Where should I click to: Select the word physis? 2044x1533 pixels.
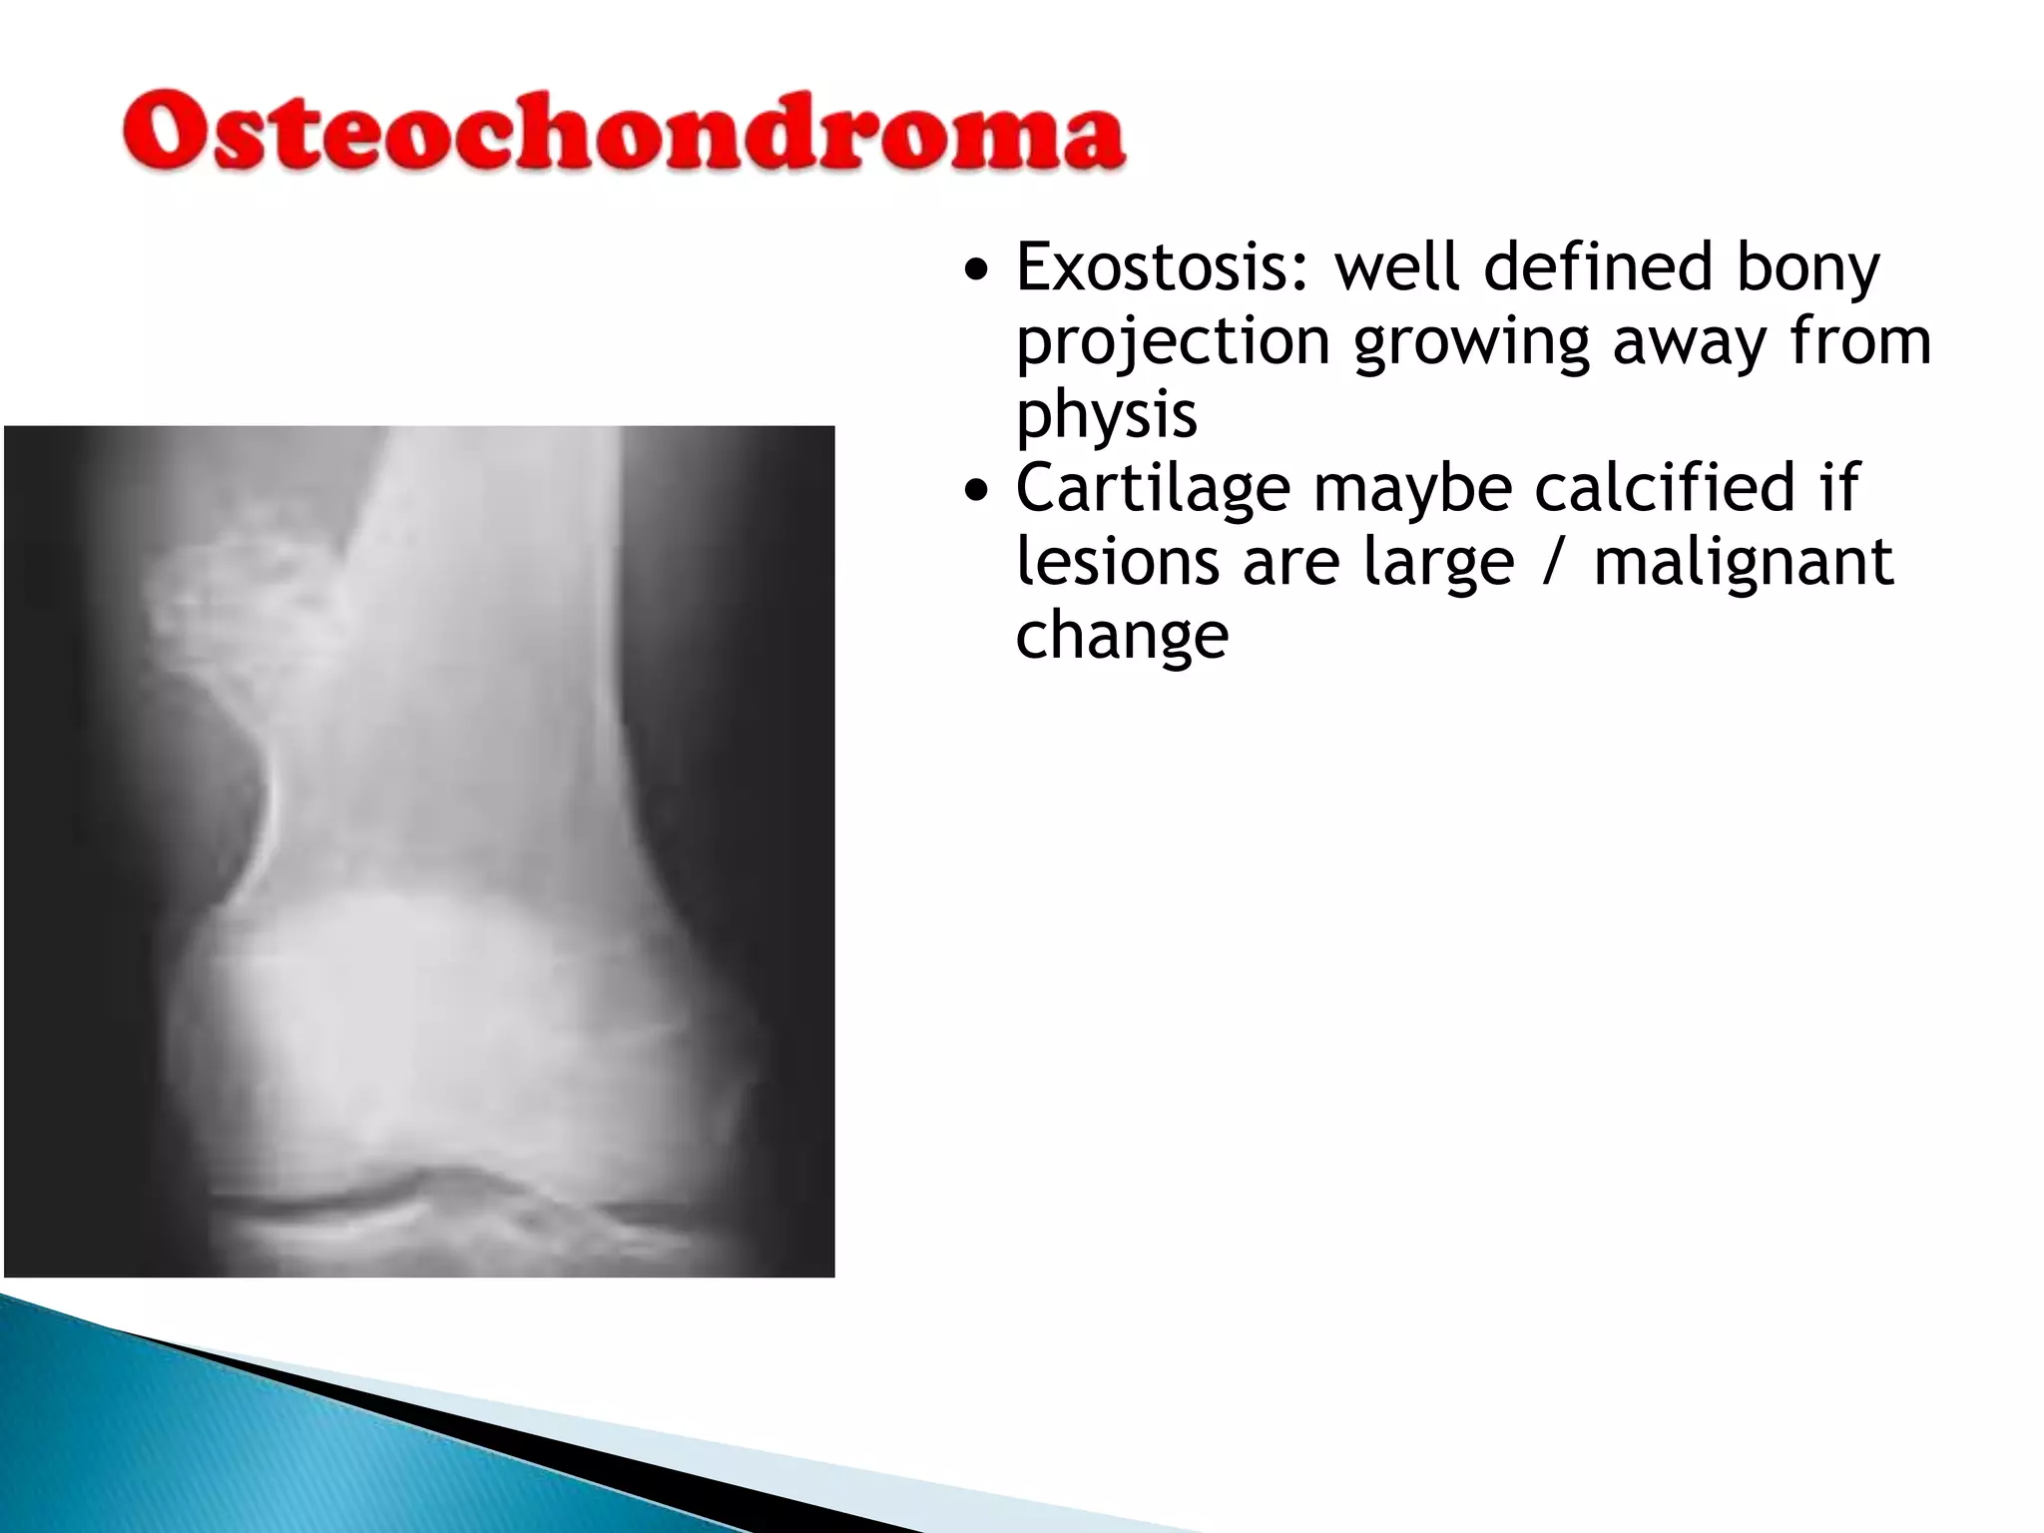point(1106,415)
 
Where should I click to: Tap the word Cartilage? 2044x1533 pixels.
point(1153,489)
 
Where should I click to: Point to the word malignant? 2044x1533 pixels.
point(1743,562)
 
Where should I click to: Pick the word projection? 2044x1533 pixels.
point(1173,342)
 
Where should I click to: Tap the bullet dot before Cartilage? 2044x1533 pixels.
point(978,490)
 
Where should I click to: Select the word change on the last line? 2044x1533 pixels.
point(1122,636)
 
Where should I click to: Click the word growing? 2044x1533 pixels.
point(1471,342)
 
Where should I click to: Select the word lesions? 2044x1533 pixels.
point(1117,562)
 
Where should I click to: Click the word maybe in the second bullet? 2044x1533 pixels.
point(1412,489)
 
